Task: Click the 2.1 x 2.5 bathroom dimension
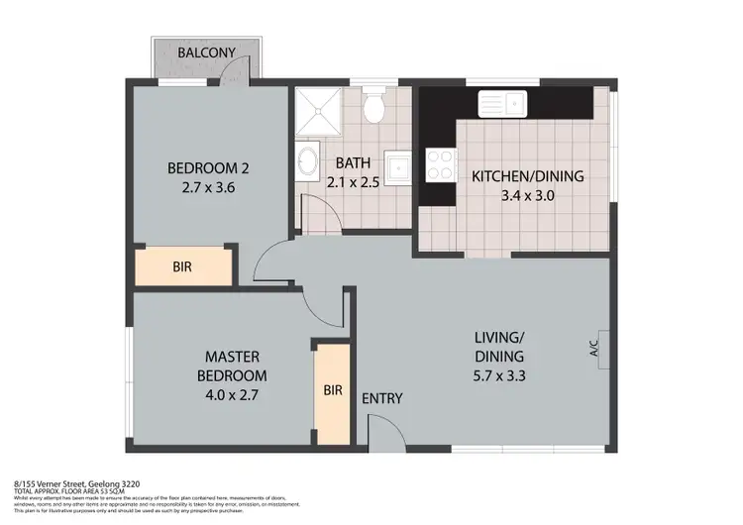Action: tap(354, 181)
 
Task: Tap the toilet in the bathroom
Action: tap(373, 107)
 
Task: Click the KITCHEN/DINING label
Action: tap(527, 176)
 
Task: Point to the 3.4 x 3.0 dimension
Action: tap(527, 195)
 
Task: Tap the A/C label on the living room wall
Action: tap(594, 349)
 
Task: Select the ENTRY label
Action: tap(381, 398)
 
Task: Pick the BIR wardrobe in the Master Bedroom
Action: tap(331, 390)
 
